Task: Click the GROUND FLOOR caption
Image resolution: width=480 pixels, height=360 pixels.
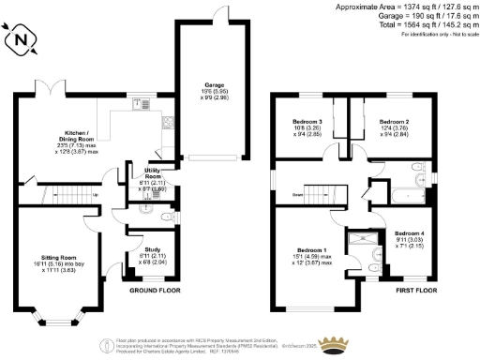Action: click(155, 291)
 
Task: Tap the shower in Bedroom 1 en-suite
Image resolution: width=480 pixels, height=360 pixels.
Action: click(360, 238)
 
